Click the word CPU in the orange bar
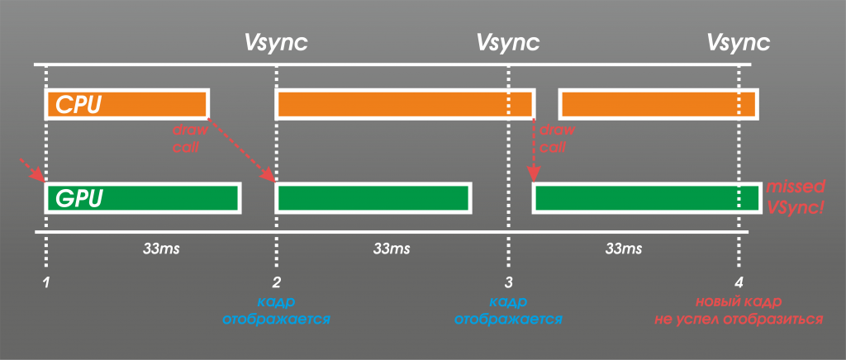click(78, 105)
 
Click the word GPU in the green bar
click(78, 197)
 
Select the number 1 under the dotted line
click(47, 282)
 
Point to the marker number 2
click(277, 282)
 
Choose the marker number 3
click(508, 282)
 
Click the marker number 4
click(739, 282)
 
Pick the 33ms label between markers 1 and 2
click(161, 249)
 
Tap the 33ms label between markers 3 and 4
click(624, 249)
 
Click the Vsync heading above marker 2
click(276, 43)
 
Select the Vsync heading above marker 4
click(739, 43)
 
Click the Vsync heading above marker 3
click(508, 43)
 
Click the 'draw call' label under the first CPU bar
click(186, 138)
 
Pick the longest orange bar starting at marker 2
click(405, 105)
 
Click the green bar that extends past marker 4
click(647, 197)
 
